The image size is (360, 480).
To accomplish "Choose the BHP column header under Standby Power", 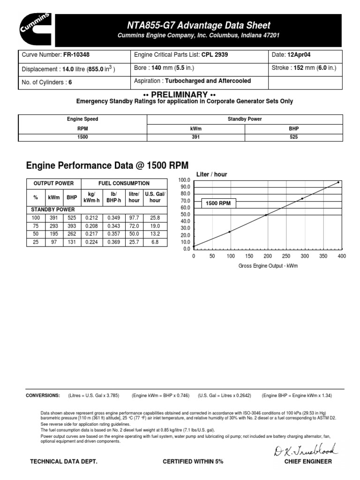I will click(293, 128).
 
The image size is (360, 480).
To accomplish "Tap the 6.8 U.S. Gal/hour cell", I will click(155, 242).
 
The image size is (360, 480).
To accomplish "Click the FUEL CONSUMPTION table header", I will click(124, 183).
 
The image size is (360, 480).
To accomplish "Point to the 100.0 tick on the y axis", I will click(184, 180).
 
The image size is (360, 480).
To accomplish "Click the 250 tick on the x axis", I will click(286, 256).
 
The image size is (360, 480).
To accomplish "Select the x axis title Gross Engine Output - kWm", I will click(268, 266).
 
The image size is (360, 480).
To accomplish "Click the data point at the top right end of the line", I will click(338, 182).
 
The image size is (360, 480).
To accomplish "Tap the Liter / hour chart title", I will click(211, 174).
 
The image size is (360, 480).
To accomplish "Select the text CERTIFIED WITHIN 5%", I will click(193, 462).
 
